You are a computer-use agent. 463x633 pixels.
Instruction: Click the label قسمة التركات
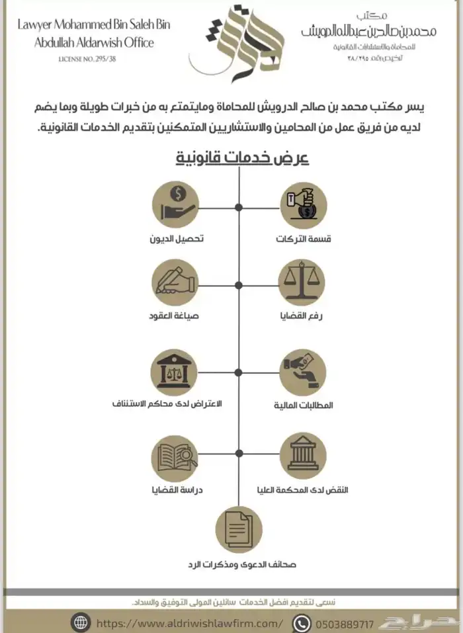[x=304, y=238]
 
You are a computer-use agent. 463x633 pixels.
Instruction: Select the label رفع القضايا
[x=304, y=316]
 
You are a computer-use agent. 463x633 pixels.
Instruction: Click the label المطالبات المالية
[x=304, y=405]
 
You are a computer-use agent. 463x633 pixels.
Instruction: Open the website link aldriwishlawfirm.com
[x=189, y=623]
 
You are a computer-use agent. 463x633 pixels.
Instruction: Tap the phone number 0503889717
[x=345, y=623]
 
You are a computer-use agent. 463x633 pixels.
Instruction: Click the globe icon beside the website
[x=81, y=623]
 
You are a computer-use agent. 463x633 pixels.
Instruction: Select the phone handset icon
[x=302, y=623]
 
